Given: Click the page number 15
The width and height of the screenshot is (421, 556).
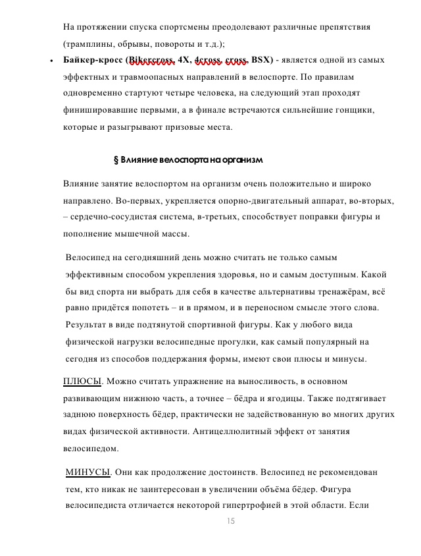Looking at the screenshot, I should tap(230, 521).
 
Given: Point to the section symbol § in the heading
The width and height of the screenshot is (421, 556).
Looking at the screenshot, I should tap(116, 159).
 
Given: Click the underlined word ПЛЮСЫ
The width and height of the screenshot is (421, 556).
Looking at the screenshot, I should tap(82, 381).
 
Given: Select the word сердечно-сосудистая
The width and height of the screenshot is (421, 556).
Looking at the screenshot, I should tap(114, 216).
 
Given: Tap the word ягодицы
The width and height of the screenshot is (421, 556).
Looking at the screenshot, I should tap(284, 398).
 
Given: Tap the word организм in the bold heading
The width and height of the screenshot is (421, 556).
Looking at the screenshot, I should tap(243, 159).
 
